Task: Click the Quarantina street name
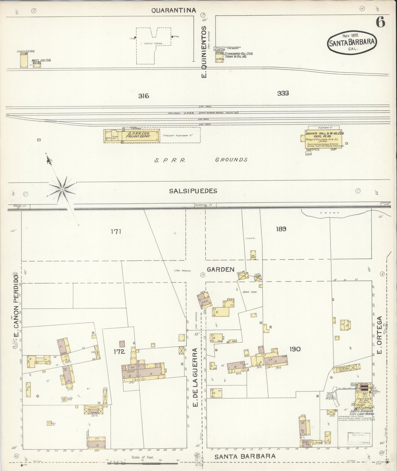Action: pos(174,10)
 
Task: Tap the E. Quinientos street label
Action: pos(204,52)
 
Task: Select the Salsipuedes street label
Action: pos(193,191)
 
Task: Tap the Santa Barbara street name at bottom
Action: pos(245,456)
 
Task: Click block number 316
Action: pos(143,96)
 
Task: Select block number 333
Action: pos(283,93)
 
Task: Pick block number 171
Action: pos(116,232)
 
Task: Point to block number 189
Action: pos(281,229)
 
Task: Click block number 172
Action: pos(120,351)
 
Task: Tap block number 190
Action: pos(295,349)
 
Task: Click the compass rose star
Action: pos(62,189)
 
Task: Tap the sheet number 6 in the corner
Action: pos(380,23)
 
